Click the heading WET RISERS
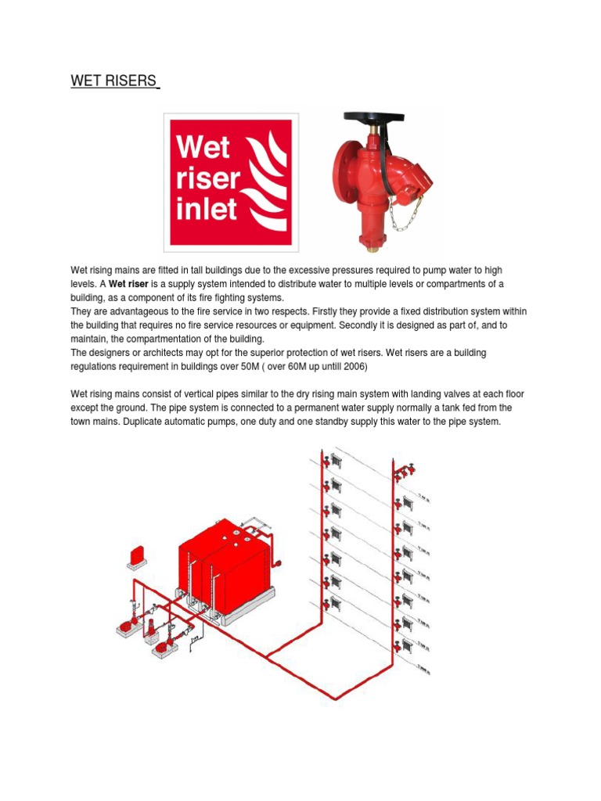point(114,81)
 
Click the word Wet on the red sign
point(203,149)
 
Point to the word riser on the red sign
point(208,179)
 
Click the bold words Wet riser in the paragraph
point(128,282)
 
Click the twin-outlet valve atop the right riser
point(404,472)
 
